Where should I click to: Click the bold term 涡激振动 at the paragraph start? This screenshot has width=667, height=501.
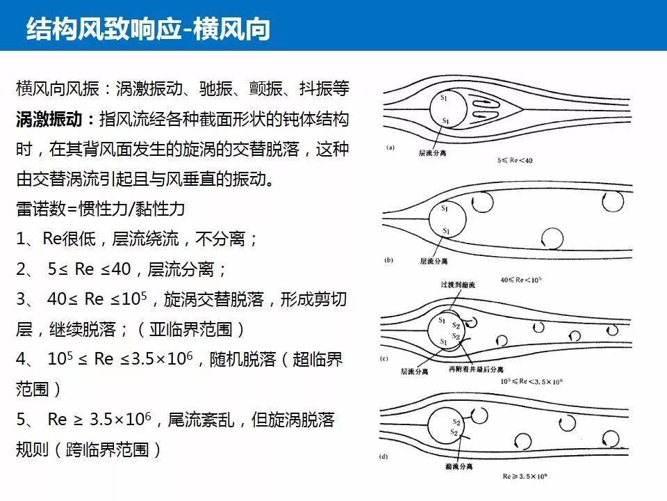tap(44, 119)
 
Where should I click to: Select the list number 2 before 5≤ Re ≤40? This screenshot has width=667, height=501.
tap(22, 269)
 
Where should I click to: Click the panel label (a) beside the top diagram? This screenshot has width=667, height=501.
tap(390, 147)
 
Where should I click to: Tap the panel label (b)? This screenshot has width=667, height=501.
tap(390, 260)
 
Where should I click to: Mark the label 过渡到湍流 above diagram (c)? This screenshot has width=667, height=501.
tap(456, 285)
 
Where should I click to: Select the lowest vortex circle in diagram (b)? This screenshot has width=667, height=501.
tap(552, 239)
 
